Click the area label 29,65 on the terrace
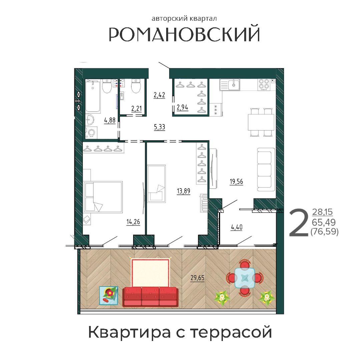pyautogui.click(x=197, y=278)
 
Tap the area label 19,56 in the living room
pyautogui.click(x=236, y=182)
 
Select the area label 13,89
pyautogui.click(x=184, y=191)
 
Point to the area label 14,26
pyautogui.click(x=133, y=222)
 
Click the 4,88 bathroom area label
pyautogui.click(x=110, y=120)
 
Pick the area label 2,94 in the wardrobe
pyautogui.click(x=183, y=107)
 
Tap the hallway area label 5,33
pyautogui.click(x=159, y=127)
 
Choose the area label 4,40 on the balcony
pyautogui.click(x=237, y=227)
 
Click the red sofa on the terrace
pyautogui.click(x=150, y=297)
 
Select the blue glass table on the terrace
pyautogui.click(x=245, y=278)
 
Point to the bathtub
pyautogui.click(x=93, y=96)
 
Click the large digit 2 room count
pyautogui.click(x=299, y=224)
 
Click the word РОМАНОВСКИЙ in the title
pyautogui.click(x=185, y=34)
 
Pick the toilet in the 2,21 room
pyautogui.click(x=136, y=86)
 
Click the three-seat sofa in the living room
pyautogui.click(x=266, y=169)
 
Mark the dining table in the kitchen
pyautogui.click(x=261, y=122)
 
